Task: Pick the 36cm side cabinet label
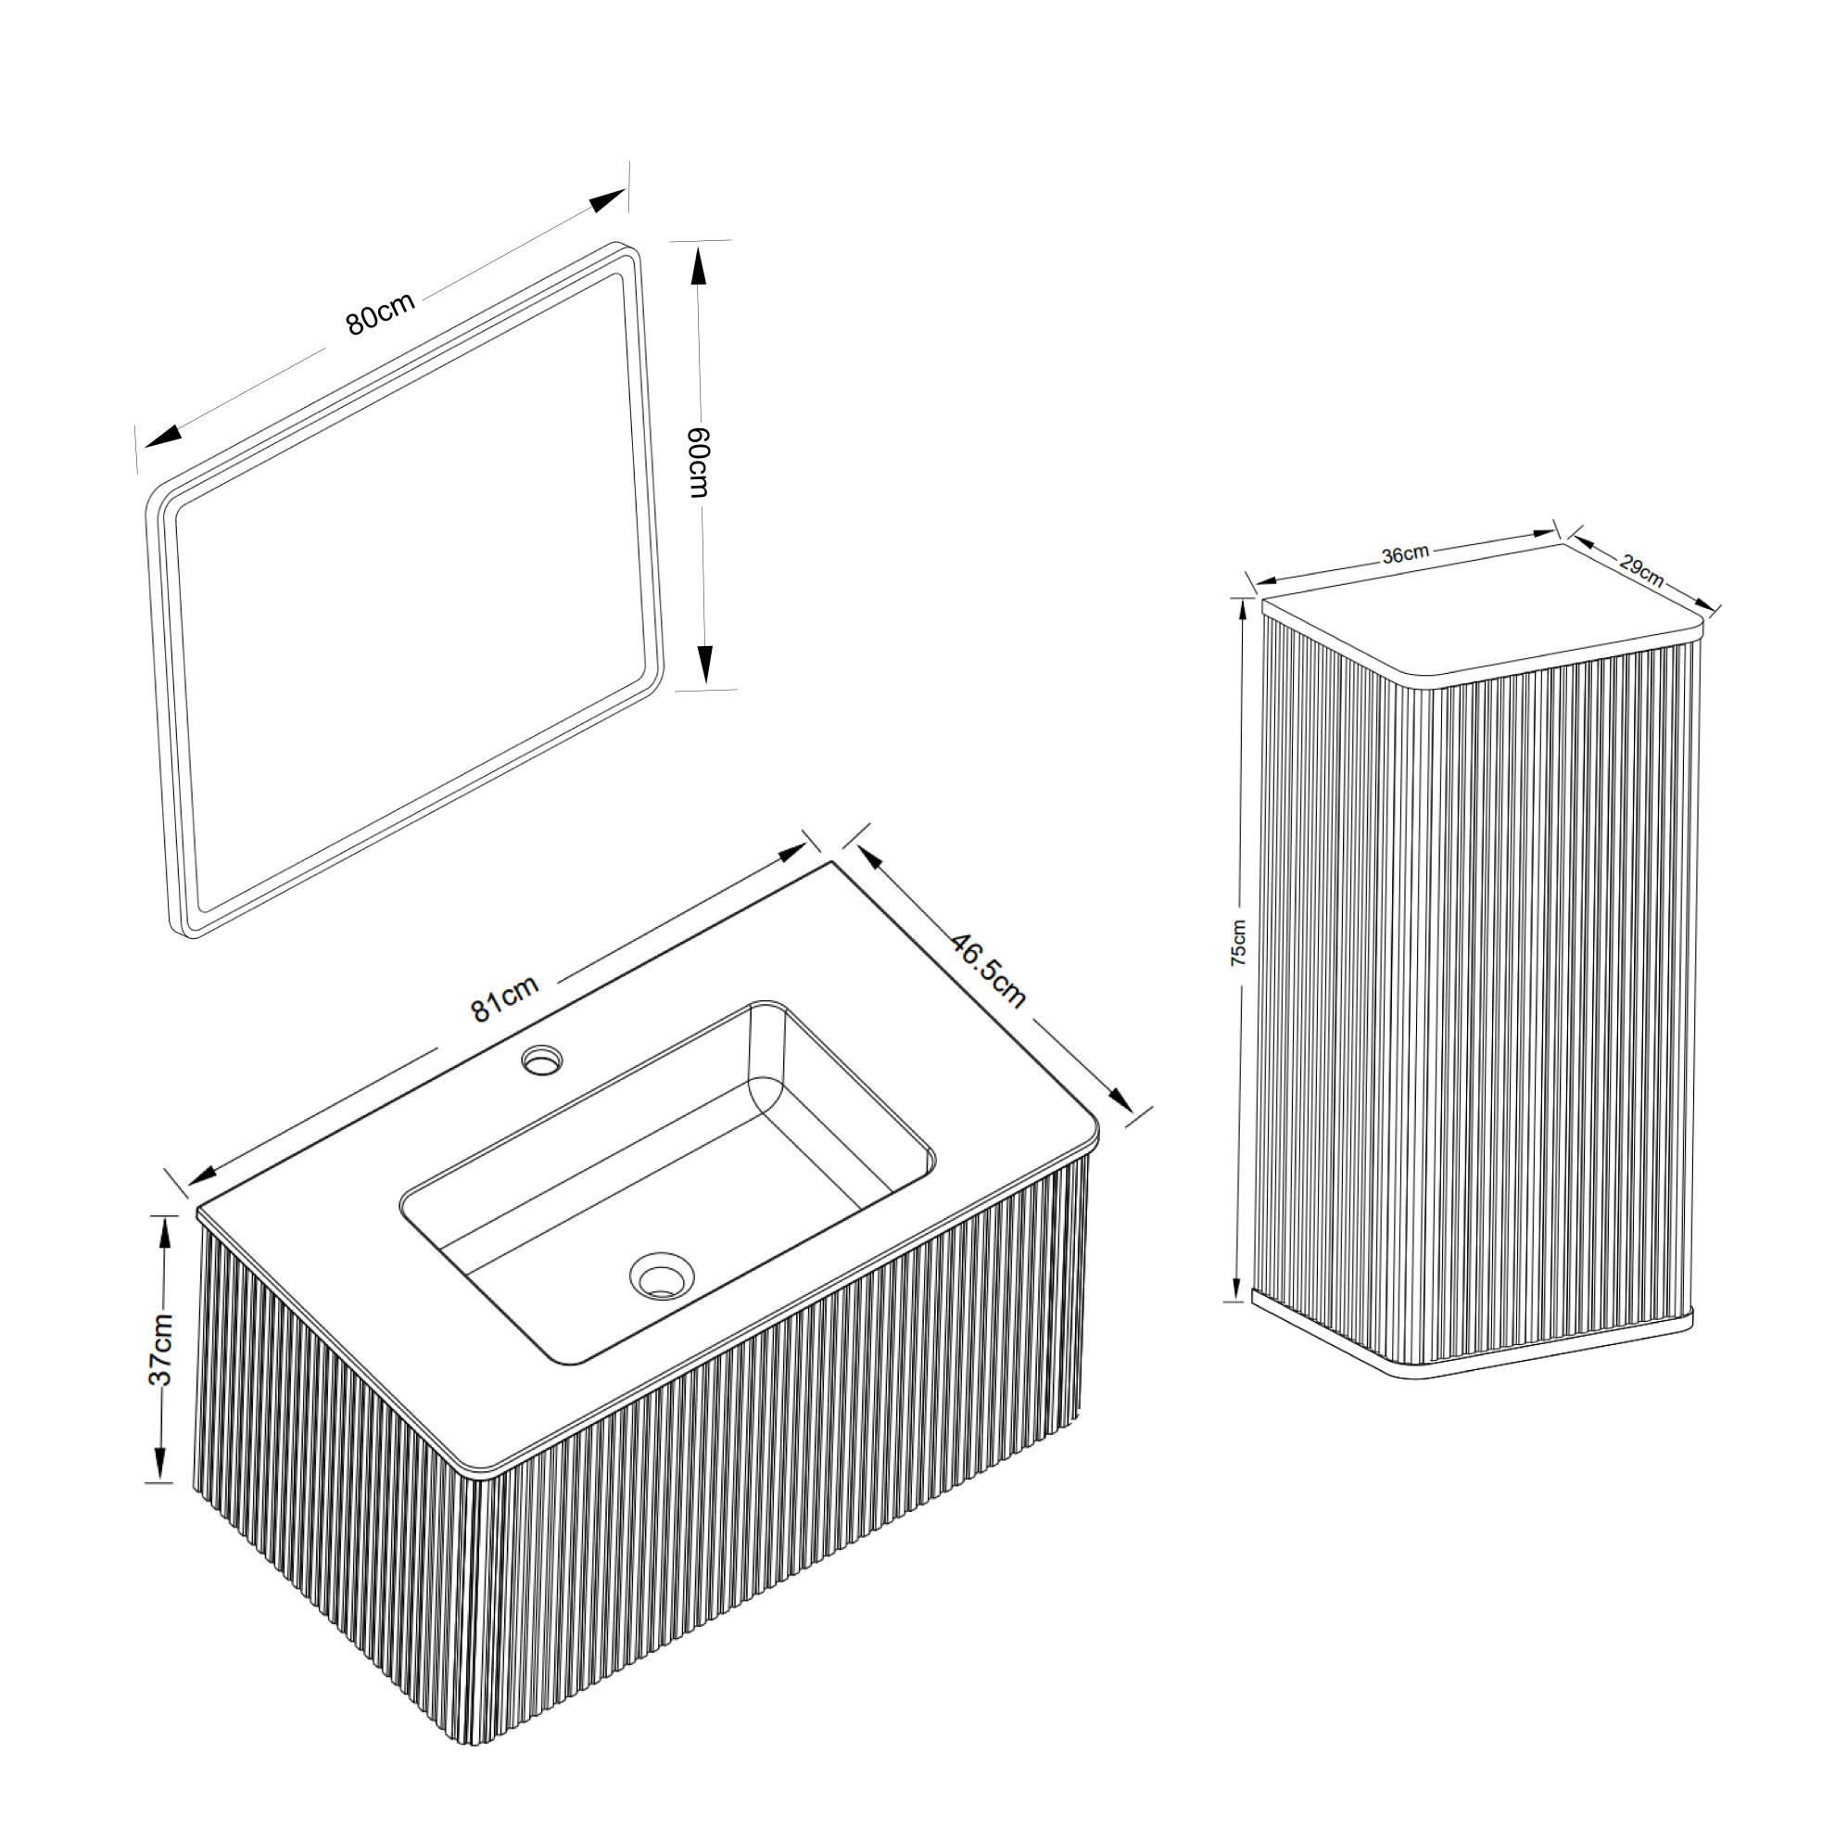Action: point(1405,554)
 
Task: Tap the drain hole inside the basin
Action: point(662,1275)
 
